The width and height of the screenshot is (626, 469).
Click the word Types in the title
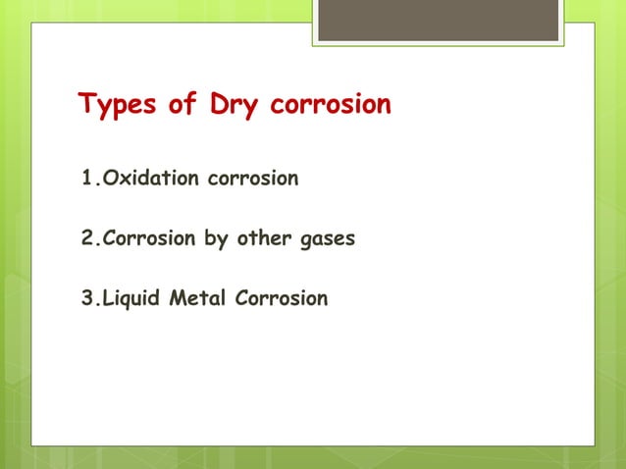click(117, 105)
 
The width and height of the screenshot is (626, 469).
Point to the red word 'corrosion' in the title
click(329, 105)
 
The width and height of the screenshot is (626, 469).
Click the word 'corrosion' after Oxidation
click(250, 179)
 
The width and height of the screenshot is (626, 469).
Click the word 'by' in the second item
click(216, 238)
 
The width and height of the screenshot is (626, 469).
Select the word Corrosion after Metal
click(281, 298)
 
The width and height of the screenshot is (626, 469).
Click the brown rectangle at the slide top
click(438, 21)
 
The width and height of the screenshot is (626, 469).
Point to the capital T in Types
click(85, 104)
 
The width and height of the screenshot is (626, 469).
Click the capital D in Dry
click(220, 104)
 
